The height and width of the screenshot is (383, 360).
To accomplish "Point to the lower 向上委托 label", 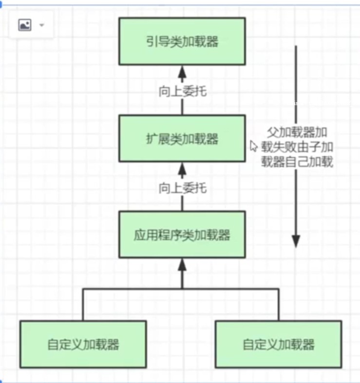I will coord(182,187).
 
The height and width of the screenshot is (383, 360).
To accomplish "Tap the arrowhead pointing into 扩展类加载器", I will coord(182,170).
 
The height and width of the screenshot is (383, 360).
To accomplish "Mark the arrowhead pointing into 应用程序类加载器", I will coord(182,266).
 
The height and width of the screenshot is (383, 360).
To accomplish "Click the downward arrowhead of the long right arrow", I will coord(296,240).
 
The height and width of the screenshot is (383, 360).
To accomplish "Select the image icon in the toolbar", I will coord(25,25).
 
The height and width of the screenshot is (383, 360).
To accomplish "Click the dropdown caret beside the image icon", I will coord(41,25).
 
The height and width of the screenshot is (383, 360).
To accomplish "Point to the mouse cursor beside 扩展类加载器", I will coord(253,146).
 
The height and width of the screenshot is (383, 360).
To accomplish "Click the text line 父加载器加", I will coord(297,132).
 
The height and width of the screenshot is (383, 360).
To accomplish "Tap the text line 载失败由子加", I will coord(297,147).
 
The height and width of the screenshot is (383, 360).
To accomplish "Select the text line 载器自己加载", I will coord(297,162).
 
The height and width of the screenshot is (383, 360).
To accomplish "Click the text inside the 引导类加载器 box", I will coord(182,41).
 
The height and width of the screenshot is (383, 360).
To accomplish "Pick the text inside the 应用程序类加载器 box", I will coord(182,236).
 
